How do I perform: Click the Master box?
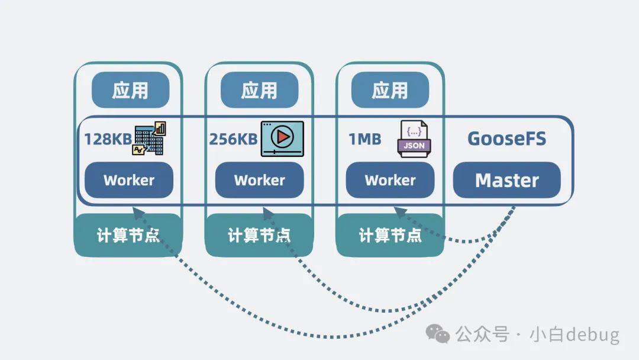506,180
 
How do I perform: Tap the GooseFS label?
506,139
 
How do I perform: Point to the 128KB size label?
107,139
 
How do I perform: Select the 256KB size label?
233,139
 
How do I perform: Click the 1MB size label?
364,139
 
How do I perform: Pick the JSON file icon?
414,139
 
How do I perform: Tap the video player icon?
282,139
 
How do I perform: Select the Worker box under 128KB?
129,180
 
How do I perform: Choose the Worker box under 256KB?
259,180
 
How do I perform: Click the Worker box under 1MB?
390,180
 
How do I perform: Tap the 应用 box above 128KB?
130,90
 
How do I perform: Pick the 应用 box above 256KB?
259,90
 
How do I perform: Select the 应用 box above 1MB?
390,90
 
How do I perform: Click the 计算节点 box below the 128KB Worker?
128,235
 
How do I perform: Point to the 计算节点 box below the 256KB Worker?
259,235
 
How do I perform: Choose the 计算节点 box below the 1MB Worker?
390,235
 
